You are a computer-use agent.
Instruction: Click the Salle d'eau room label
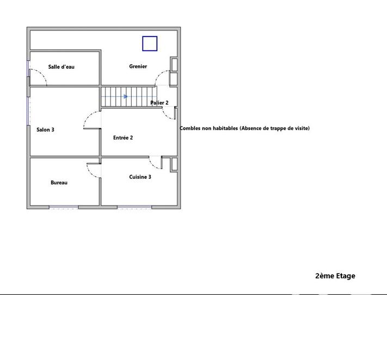[61, 67]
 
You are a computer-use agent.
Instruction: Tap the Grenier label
[138, 66]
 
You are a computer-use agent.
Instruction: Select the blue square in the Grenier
[150, 44]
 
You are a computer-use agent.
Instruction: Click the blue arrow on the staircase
[126, 97]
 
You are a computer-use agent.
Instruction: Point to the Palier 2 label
[159, 103]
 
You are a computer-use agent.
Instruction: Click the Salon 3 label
[45, 129]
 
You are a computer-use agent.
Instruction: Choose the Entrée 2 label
[123, 138]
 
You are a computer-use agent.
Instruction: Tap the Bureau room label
[59, 183]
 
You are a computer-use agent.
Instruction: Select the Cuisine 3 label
[140, 177]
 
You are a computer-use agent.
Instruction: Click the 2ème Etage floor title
[335, 276]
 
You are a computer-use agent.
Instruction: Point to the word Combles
[192, 128]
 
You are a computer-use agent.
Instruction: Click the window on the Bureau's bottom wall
[64, 207]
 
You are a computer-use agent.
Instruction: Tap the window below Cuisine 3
[134, 207]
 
